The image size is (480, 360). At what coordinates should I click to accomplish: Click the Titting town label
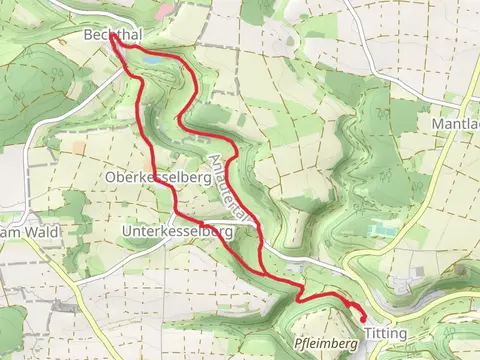[x=385, y=332]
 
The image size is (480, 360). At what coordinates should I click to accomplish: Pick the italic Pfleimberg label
[x=326, y=343]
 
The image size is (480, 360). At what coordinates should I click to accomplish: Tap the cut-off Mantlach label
[x=456, y=124]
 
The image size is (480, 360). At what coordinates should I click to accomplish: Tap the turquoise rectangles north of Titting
[x=381, y=229]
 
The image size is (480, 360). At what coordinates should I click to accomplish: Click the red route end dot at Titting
[x=362, y=318]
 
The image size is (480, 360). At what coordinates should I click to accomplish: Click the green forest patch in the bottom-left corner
[x=10, y=330]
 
